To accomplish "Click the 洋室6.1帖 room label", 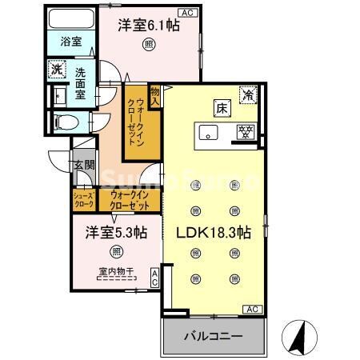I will click(x=149, y=26).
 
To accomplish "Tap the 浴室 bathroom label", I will click(x=70, y=42).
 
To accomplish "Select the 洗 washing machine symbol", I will click(x=57, y=69).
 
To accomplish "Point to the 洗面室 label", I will click(x=82, y=82).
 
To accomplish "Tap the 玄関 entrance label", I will click(x=85, y=166).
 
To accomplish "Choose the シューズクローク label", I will click(x=84, y=199).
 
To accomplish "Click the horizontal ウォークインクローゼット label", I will click(x=130, y=199).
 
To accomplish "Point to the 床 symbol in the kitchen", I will click(x=220, y=107).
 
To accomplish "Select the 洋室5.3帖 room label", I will click(x=118, y=233).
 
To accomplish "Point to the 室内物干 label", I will click(x=117, y=270).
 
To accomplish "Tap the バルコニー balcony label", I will click(x=215, y=337).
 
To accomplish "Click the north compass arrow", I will click(x=298, y=336).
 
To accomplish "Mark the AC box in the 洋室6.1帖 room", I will click(x=187, y=13).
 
